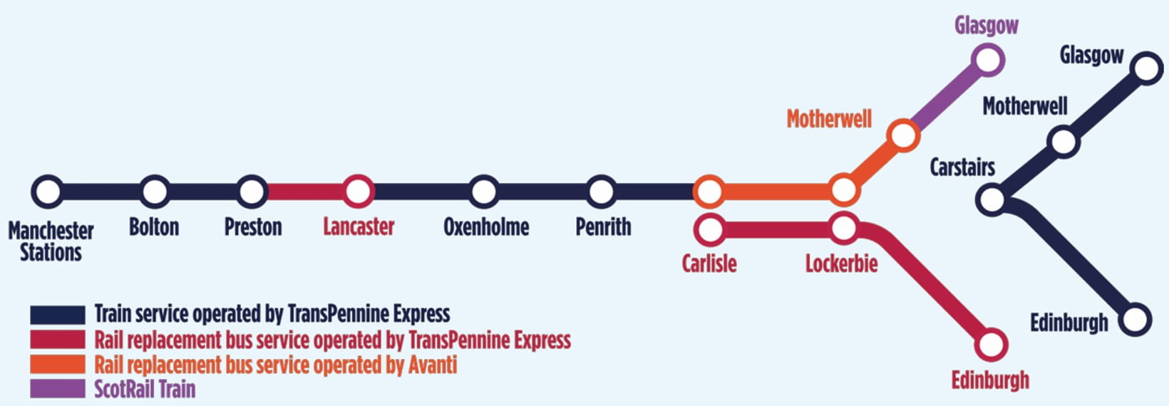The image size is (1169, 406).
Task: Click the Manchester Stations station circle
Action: click(x=48, y=192)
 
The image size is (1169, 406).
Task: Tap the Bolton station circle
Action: click(x=154, y=192)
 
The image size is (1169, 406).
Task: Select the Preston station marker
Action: click(x=252, y=192)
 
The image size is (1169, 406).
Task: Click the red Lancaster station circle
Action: click(x=358, y=192)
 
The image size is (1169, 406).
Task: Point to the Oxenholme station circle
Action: click(x=484, y=192)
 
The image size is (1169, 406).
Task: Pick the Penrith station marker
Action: click(x=602, y=192)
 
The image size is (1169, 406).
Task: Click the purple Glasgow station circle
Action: click(x=988, y=60)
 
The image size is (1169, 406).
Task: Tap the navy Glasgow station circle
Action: click(x=1146, y=68)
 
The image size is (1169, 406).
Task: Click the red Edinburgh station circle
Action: click(x=991, y=345)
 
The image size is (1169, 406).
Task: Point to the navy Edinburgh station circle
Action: click(x=1135, y=320)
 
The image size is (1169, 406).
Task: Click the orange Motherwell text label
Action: click(x=829, y=119)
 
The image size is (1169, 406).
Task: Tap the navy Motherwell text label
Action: click(x=1024, y=107)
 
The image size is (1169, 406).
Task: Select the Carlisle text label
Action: click(x=709, y=264)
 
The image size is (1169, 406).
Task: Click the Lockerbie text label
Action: click(x=841, y=264)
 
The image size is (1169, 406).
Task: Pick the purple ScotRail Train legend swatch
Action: click(x=57, y=389)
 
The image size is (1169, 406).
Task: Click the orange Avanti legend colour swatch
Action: click(x=57, y=364)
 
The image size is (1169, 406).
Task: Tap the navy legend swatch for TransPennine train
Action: click(x=57, y=314)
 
